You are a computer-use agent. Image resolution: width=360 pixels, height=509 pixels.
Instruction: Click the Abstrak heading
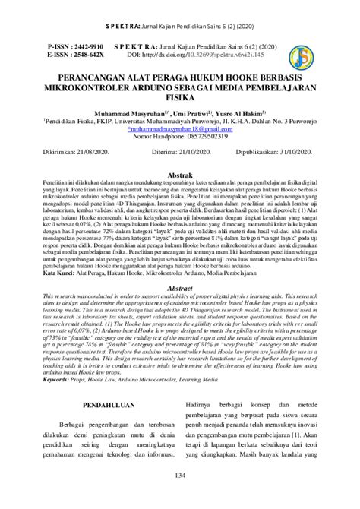click(x=179, y=174)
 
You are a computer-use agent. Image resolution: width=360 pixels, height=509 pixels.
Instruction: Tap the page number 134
click(x=179, y=496)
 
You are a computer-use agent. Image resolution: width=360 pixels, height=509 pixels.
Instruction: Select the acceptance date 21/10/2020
click(x=199, y=152)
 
